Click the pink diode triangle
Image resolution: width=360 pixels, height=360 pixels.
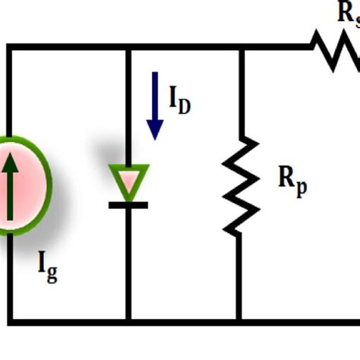click(128, 182)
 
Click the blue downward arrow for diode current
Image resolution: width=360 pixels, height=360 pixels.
click(155, 106)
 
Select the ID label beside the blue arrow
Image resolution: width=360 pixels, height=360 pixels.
click(179, 101)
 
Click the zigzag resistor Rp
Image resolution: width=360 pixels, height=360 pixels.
click(240, 185)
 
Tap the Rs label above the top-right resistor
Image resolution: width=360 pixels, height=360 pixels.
click(349, 12)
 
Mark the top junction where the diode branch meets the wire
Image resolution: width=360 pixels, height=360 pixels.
click(128, 48)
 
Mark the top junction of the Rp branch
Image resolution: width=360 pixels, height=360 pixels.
click(240, 48)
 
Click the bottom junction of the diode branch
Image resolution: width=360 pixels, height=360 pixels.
click(128, 321)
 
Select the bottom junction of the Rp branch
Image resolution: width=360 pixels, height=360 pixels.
click(240, 321)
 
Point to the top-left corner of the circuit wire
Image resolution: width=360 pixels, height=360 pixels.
click(9, 48)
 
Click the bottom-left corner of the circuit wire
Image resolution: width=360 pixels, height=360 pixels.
click(9, 321)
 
